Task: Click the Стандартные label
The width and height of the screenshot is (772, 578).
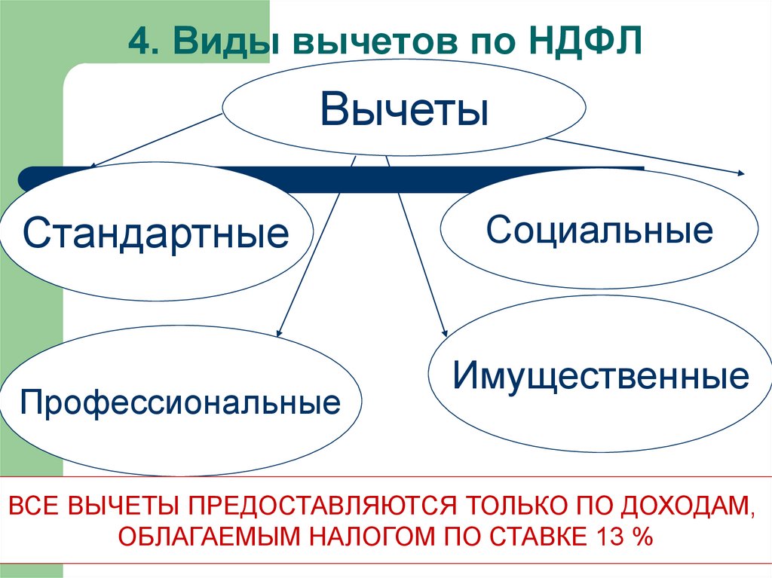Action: click(x=155, y=233)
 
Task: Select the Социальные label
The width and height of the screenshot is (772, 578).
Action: click(x=599, y=229)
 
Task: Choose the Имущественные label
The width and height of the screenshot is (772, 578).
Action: click(x=601, y=375)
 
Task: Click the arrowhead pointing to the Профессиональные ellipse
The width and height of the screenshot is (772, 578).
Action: click(x=279, y=331)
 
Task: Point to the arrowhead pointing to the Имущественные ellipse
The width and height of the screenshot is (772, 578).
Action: click(x=445, y=332)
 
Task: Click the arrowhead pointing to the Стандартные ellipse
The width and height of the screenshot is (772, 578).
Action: click(x=90, y=167)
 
